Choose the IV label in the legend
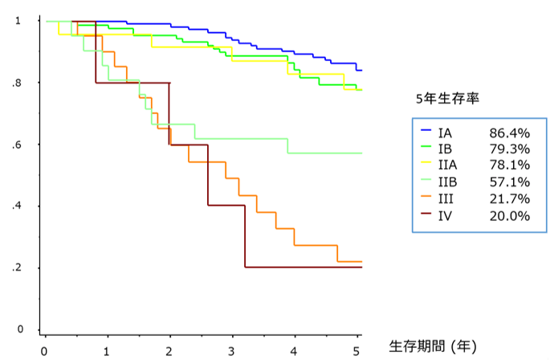pyautogui.click(x=447, y=215)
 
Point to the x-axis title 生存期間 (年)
pyautogui.click(x=433, y=346)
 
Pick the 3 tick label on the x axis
pyautogui.click(x=231, y=351)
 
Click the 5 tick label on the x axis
pyautogui.click(x=356, y=351)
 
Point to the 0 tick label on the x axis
pyautogui.click(x=44, y=351)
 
